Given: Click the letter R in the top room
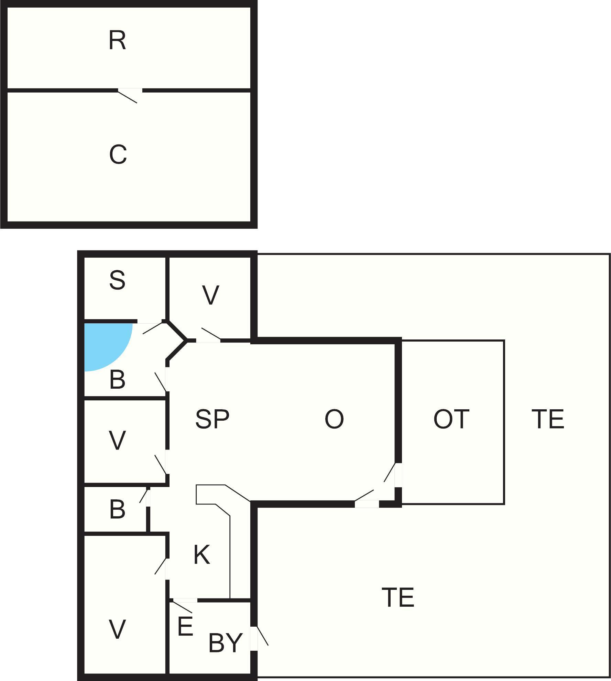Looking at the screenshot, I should pos(117,41).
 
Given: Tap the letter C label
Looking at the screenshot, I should pos(118,154).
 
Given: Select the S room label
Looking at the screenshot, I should pos(117,280).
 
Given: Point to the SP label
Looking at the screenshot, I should pos(212,419).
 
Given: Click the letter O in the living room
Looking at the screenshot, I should pos(334,419).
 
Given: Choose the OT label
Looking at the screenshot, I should pos(451,419).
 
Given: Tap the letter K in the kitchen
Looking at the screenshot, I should pos(201,555).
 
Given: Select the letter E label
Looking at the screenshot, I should pos(185,626).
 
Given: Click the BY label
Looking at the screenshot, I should pos(226,642).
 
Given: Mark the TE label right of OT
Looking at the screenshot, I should pos(548,419).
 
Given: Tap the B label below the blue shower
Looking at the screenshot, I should pos(117,380).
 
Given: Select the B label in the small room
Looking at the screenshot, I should pos(117,509).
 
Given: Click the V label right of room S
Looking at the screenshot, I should pos(210,295).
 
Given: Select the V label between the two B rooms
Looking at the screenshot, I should pos(117,440).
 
